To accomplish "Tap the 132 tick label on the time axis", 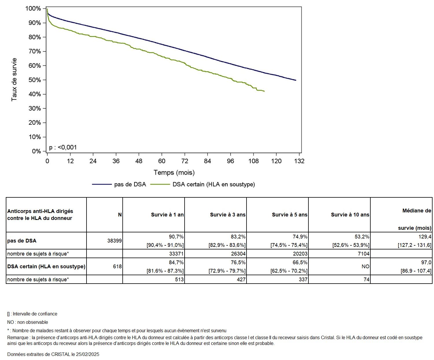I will click(x=299, y=161).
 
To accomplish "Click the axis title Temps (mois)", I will click(x=174, y=173).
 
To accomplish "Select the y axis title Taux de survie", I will click(x=14, y=80).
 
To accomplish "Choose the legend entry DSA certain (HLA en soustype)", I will click(x=214, y=184).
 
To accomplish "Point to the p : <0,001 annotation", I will click(x=63, y=147).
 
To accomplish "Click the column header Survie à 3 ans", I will click(x=228, y=215).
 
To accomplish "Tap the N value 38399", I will click(x=115, y=240).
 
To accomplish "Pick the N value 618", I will click(x=117, y=266).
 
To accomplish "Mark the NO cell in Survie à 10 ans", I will click(x=365, y=266).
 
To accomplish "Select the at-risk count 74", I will click(x=366, y=280).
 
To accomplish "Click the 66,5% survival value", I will click(x=300, y=262).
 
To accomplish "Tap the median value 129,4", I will click(x=425, y=237).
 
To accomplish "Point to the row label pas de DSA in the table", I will click(x=22, y=240).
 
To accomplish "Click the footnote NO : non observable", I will click(x=27, y=322).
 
